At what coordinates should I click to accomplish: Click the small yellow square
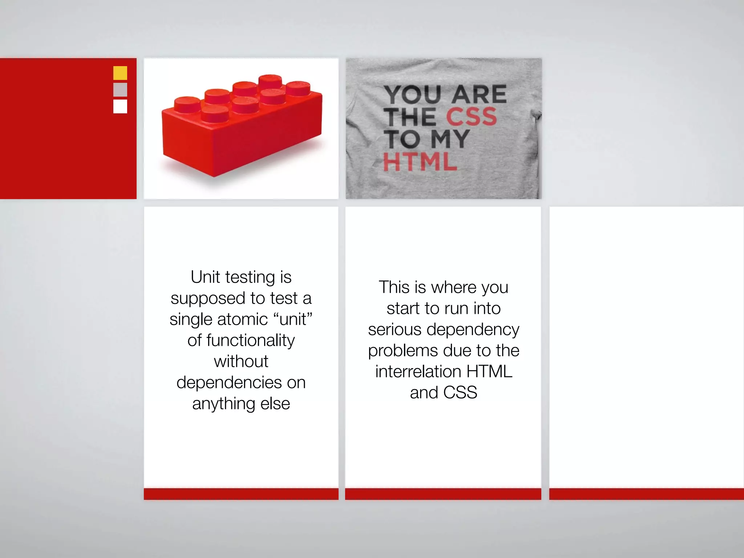(120, 73)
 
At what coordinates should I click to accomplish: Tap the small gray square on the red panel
(120, 90)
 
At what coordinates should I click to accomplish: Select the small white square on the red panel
(120, 106)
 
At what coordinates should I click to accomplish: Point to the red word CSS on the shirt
(471, 117)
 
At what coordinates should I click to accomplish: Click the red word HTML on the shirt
(420, 162)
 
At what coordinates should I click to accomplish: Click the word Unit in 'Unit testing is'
(205, 277)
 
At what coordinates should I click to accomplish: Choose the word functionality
(251, 341)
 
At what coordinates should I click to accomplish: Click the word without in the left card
(241, 361)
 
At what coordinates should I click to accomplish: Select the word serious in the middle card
(395, 330)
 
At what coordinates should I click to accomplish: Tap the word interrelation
(418, 372)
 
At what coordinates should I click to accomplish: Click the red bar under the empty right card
(646, 494)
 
